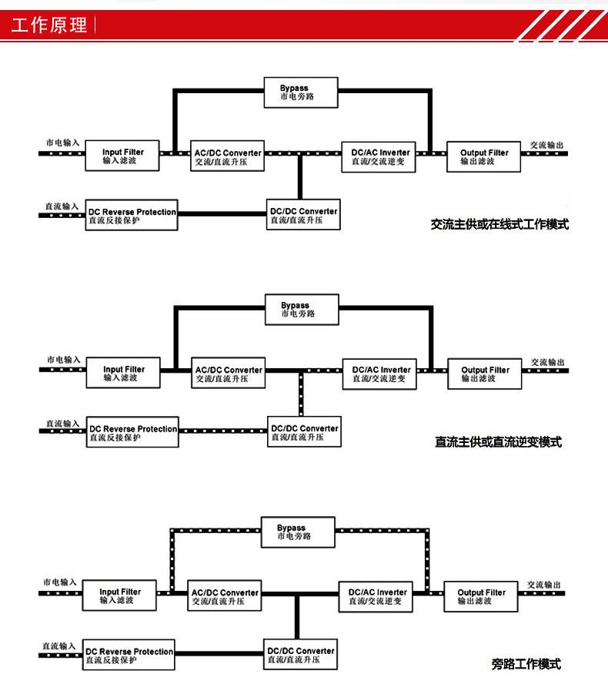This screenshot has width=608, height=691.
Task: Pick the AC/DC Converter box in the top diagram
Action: tap(227, 157)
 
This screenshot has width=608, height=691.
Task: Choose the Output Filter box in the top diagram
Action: tap(484, 157)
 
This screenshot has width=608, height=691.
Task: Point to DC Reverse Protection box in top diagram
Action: tap(132, 216)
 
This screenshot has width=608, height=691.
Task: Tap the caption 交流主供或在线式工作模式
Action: tap(499, 226)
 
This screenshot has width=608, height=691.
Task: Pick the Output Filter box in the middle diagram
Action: tap(485, 374)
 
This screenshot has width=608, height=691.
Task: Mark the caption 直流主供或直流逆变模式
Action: tap(498, 442)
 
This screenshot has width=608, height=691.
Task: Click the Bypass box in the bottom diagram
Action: tap(296, 532)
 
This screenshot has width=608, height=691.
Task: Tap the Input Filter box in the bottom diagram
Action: tap(121, 596)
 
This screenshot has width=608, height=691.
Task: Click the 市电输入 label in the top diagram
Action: tap(62, 143)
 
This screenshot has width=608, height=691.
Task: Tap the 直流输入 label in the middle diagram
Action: tap(62, 424)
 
